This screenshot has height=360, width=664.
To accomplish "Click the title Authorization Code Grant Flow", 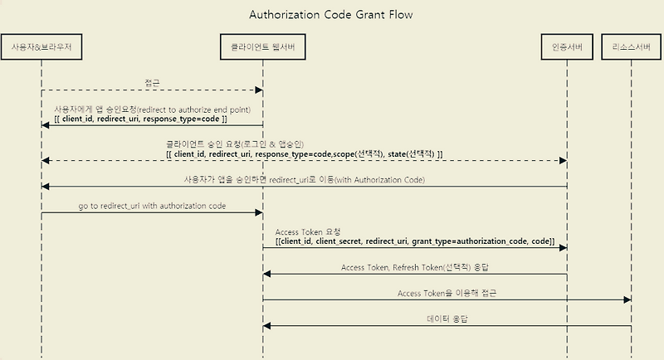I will (330, 15).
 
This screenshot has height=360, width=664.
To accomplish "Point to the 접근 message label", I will (153, 83).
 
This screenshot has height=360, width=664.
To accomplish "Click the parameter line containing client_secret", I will (416, 240).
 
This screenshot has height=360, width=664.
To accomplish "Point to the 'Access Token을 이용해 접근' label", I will (447, 293).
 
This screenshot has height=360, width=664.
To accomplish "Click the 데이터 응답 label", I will (447, 319).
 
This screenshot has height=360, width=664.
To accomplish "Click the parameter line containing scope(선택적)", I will (304, 154).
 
